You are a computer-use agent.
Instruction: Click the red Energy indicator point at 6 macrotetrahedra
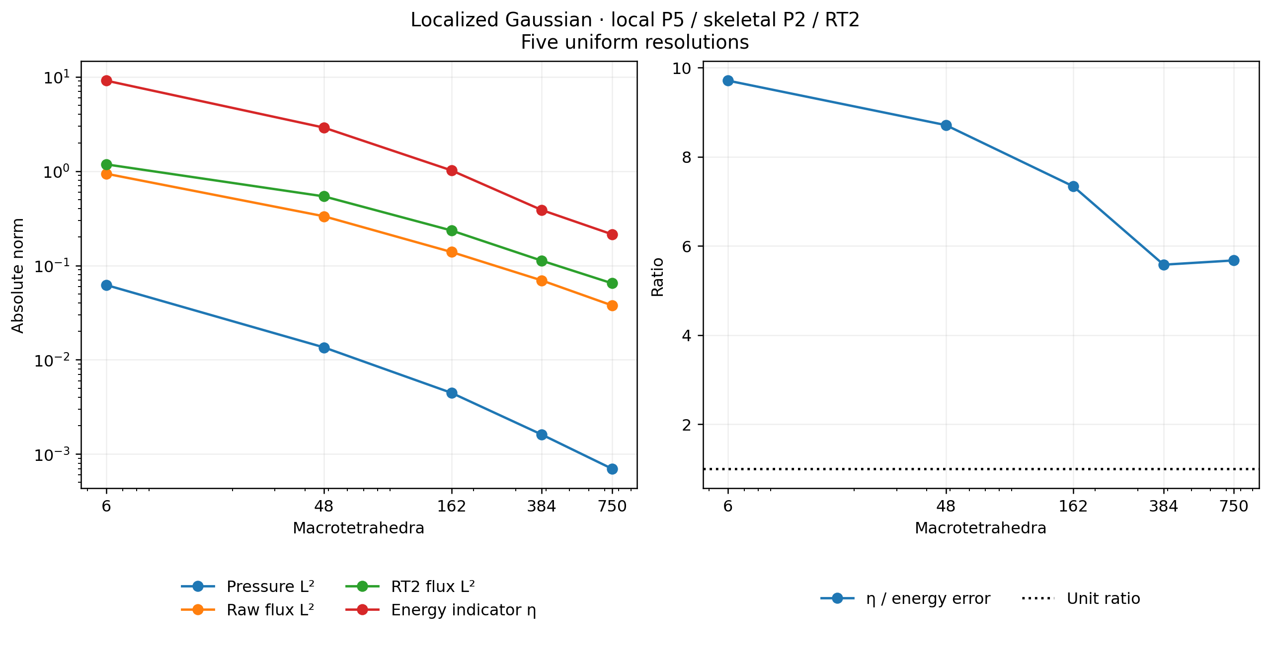pyautogui.click(x=106, y=80)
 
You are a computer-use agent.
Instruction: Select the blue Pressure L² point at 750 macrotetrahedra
pyautogui.click(x=612, y=469)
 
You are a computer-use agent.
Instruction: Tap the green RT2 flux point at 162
pyautogui.click(x=452, y=230)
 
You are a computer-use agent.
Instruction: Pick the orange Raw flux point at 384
pyautogui.click(x=542, y=281)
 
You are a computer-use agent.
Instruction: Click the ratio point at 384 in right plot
pyautogui.click(x=1164, y=265)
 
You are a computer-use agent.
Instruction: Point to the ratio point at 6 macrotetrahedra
pyautogui.click(x=728, y=80)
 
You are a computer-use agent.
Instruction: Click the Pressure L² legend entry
pyautogui.click(x=247, y=587)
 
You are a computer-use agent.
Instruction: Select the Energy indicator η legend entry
pyautogui.click(x=441, y=610)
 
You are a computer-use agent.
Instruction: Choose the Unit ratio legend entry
pyautogui.click(x=1081, y=598)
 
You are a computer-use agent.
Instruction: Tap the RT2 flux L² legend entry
pyautogui.click(x=410, y=587)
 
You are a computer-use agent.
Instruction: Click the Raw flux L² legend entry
pyautogui.click(x=247, y=610)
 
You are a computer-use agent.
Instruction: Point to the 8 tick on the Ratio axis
pyautogui.click(x=687, y=157)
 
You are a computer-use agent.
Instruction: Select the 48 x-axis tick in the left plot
pyautogui.click(x=324, y=506)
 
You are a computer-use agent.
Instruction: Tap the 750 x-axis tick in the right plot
pyautogui.click(x=1234, y=506)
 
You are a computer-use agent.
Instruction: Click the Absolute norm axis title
pyautogui.click(x=18, y=276)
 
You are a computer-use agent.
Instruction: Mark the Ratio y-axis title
pyautogui.click(x=658, y=277)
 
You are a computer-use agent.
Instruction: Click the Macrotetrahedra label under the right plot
pyautogui.click(x=981, y=528)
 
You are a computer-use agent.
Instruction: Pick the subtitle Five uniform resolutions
pyautogui.click(x=635, y=42)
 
